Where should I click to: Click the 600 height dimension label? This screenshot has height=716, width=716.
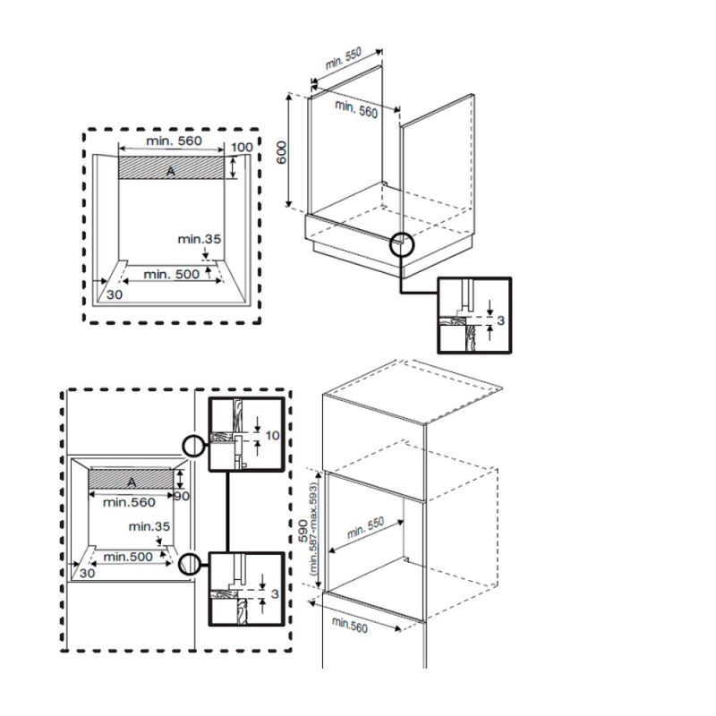pos(282,152)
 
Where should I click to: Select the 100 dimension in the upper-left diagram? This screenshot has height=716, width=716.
pos(242,147)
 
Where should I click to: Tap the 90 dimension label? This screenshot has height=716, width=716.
pos(182,496)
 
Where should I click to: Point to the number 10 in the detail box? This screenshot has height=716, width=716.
pos(272,435)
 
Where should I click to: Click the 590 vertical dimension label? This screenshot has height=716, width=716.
pos(303,531)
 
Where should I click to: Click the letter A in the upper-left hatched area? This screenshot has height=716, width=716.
pos(170,171)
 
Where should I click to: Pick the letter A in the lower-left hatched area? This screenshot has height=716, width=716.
pos(132,482)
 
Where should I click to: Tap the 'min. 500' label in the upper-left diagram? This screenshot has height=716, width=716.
pos(171,274)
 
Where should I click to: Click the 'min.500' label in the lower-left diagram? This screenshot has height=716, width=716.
pos(128,557)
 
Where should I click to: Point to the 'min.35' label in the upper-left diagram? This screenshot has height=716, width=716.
pos(199,239)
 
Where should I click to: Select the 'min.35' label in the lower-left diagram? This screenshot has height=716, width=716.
pos(149,526)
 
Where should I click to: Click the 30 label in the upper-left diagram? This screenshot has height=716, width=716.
pos(115,294)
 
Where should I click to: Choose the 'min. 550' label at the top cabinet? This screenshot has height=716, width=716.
pos(343,58)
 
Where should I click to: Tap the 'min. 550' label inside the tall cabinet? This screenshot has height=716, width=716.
pos(365,527)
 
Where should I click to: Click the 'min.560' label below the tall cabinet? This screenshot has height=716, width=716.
pos(350,625)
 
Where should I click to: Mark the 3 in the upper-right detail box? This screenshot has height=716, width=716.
pos(500,320)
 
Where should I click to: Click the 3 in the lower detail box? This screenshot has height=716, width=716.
pos(275,593)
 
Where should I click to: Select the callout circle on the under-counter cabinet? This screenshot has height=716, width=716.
pos(401,244)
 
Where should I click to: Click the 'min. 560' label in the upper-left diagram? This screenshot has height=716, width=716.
pos(174,141)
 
